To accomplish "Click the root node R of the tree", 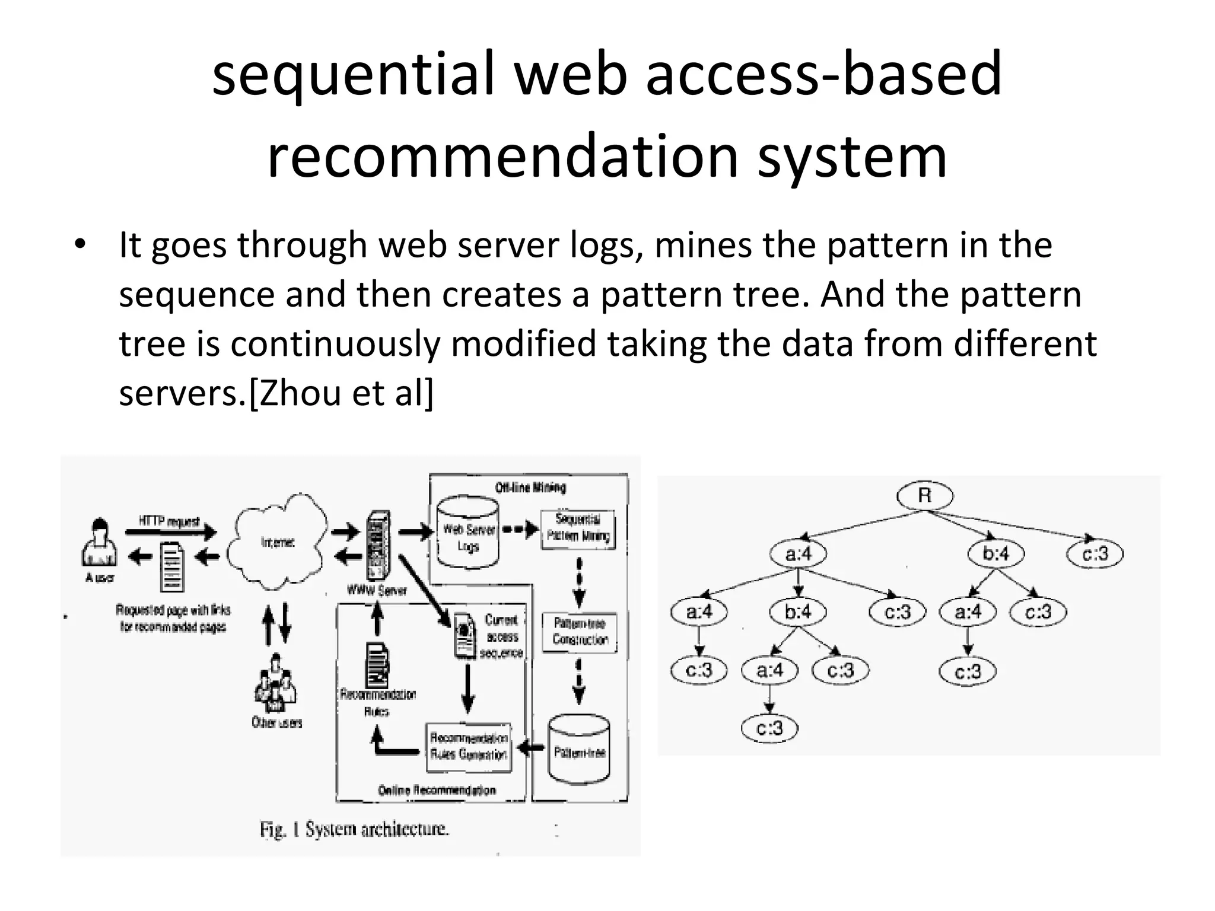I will pos(924,496).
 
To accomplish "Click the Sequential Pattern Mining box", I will pos(578,528).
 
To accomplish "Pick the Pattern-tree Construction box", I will pos(580,632).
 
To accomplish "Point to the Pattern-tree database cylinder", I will pos(579,750).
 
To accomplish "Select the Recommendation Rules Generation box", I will pos(469,747).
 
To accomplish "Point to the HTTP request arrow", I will pos(171,532).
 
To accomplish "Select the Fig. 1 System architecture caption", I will pos(354,829).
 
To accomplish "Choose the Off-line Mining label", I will pos(530,488).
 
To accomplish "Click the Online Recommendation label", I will pos(437,790).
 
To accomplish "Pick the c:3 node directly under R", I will pos(1095,554).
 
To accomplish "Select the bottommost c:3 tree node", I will pos(769,728).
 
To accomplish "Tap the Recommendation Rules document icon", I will pos(378,663).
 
